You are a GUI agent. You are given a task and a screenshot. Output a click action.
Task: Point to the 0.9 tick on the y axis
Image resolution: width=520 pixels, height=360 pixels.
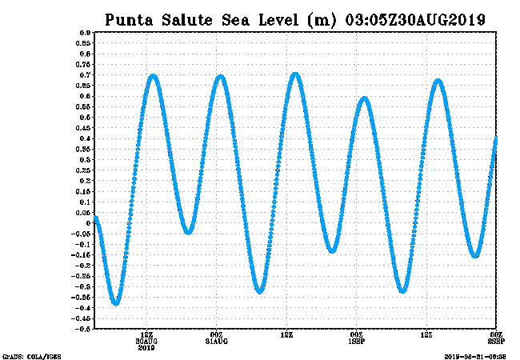(x=83, y=33)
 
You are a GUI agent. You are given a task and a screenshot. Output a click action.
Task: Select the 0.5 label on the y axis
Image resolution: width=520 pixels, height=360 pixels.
(x=83, y=118)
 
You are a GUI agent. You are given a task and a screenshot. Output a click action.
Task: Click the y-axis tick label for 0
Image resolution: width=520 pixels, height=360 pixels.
(x=86, y=223)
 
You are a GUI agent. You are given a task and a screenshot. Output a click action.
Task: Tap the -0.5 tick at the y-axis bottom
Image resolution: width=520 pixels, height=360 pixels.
(x=82, y=329)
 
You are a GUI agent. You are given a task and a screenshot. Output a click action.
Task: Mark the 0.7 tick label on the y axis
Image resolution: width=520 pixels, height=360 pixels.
(x=83, y=75)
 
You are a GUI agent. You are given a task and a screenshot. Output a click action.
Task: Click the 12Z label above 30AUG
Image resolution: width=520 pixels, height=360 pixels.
(x=146, y=335)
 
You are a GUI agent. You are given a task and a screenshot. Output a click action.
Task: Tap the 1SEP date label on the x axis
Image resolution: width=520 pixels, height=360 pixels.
(x=357, y=342)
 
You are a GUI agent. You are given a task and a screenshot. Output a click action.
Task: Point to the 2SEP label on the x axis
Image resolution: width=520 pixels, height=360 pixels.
(x=496, y=342)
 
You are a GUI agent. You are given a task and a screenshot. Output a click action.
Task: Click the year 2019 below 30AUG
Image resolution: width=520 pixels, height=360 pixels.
(x=146, y=348)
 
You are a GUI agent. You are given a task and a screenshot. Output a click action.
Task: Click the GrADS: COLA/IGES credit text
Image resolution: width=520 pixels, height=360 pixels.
(x=31, y=356)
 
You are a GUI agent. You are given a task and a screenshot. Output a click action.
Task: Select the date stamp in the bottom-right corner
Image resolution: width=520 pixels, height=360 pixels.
(x=477, y=356)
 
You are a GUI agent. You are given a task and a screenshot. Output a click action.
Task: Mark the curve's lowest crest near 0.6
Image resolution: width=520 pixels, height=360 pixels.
(x=365, y=98)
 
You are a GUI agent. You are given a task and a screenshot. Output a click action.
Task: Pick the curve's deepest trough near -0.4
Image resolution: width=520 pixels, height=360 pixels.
(x=116, y=303)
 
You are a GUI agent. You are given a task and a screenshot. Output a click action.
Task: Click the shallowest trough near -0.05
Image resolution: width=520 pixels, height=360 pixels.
(x=189, y=232)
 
